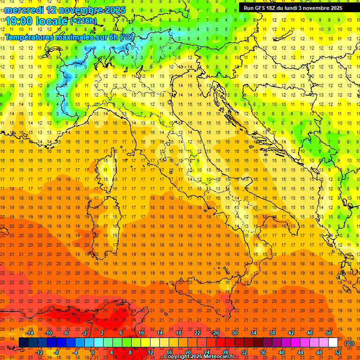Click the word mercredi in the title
pos(24,10)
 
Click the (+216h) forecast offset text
pos(83,21)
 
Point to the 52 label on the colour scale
pos(338,352)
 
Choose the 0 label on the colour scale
pos(93,352)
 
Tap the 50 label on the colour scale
pos(329,333)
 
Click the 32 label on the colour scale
pos(244,352)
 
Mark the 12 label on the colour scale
pos(150,352)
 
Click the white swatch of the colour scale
pos(333,342)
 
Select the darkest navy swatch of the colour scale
pos(23,342)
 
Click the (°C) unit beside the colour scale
pos(350,343)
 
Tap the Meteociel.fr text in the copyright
pos(219,357)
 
